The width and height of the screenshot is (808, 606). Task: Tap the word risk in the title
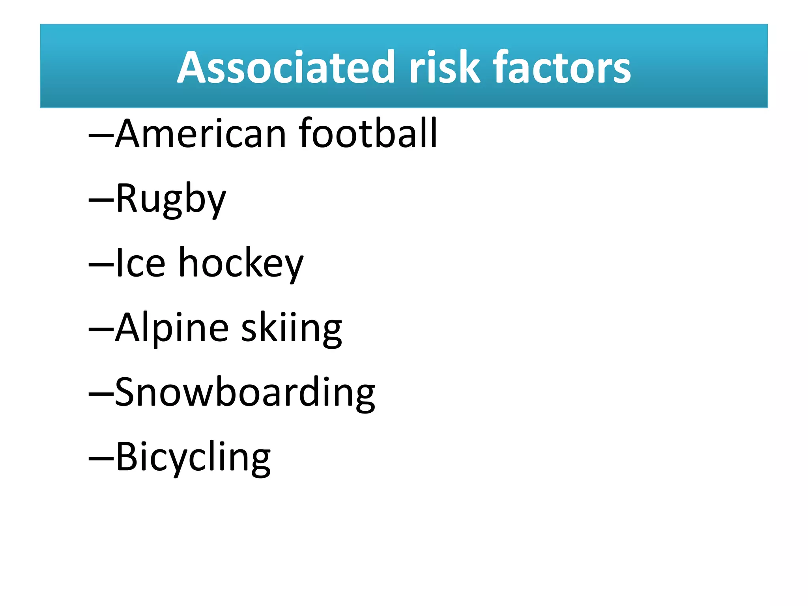point(444,67)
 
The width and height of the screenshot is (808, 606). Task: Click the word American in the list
point(200,134)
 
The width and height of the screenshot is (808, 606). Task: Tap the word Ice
point(140,263)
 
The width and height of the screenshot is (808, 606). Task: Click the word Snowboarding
point(245,393)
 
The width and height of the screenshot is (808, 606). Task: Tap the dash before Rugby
point(101,200)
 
